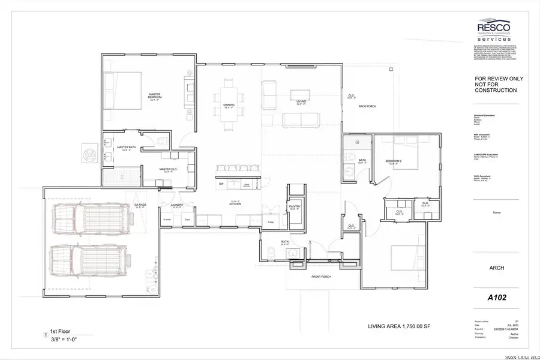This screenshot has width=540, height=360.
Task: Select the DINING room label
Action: tap(229, 105)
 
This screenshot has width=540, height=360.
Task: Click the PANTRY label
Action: tap(295, 206)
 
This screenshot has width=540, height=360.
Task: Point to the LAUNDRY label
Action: tap(176, 205)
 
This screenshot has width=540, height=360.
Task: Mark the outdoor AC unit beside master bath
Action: tap(91, 154)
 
